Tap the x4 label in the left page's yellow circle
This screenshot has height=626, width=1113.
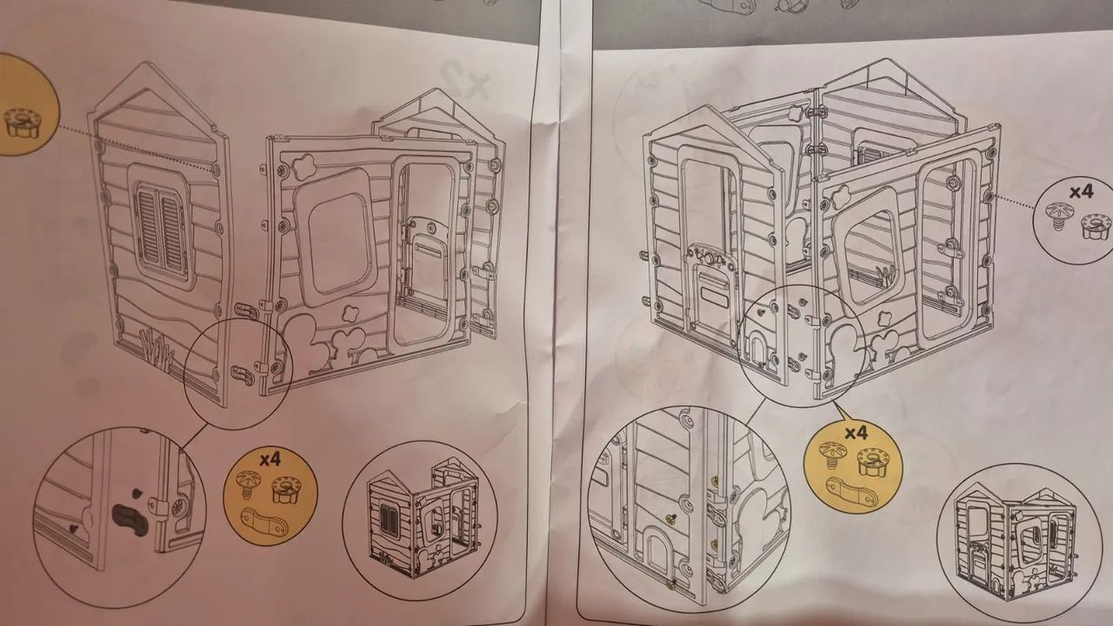[270, 460]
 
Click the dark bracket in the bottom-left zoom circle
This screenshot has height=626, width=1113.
[130, 520]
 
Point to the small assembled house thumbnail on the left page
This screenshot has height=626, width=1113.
[423, 518]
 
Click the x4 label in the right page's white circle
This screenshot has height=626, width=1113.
[1081, 192]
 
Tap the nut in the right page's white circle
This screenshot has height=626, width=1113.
[1096, 227]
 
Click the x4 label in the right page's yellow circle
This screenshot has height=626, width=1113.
[856, 433]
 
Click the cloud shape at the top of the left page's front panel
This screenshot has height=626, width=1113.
[303, 165]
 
